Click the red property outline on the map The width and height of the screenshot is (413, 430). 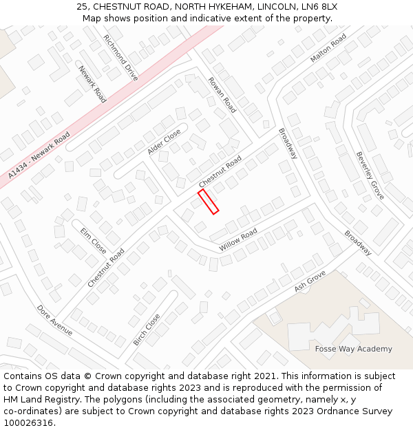pyautogui.click(x=208, y=202)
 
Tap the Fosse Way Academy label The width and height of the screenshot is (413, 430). pyautogui.click(x=353, y=349)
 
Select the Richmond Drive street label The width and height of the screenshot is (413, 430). pyautogui.click(x=120, y=58)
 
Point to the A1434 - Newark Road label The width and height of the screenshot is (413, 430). pyautogui.click(x=40, y=156)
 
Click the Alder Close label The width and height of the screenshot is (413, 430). pyautogui.click(x=164, y=141)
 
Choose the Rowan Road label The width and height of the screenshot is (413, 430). pyautogui.click(x=222, y=94)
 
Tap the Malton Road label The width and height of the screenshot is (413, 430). pyautogui.click(x=328, y=49)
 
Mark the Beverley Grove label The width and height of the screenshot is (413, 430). pyautogui.click(x=369, y=175)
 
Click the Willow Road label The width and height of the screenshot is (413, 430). pyautogui.click(x=237, y=239)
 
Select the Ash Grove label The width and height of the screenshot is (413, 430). pyautogui.click(x=309, y=281)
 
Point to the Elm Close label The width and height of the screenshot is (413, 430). pyautogui.click(x=93, y=240)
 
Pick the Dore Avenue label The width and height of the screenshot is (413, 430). pyautogui.click(x=54, y=321)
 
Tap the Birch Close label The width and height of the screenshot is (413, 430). pyautogui.click(x=146, y=330)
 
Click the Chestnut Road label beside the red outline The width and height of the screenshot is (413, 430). pyautogui.click(x=220, y=171)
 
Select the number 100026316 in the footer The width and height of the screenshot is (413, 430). pyautogui.click(x=29, y=423)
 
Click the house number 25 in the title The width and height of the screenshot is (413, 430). pyautogui.click(x=83, y=7)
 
